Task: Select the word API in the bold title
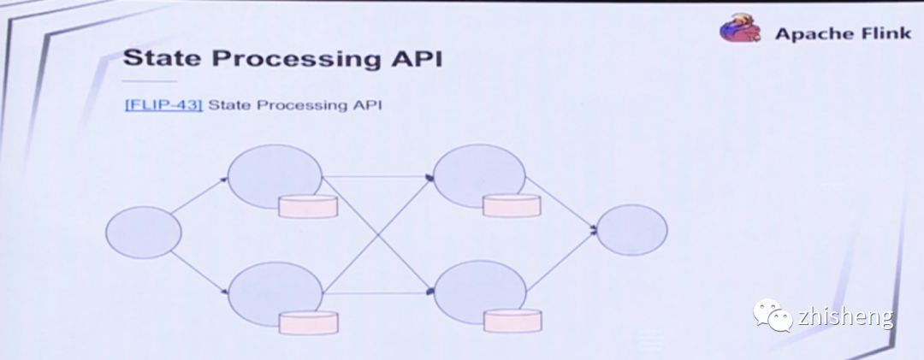[412, 60]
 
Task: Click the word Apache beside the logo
[807, 34]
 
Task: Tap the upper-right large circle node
[477, 176]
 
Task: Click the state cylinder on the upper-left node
[308, 206]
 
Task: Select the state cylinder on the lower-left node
[308, 322]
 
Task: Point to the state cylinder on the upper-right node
[512, 205]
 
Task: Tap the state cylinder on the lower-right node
[512, 321]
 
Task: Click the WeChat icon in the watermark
[772, 316]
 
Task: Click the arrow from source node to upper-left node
[199, 196]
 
